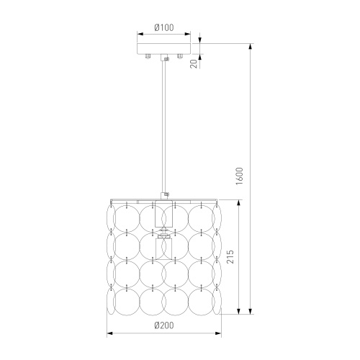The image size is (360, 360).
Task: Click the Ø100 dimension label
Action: [x=164, y=27]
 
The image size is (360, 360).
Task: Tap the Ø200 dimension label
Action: [x=164, y=325]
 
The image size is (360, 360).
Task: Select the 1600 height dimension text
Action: [x=239, y=176]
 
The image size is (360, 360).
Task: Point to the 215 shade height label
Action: [x=230, y=257]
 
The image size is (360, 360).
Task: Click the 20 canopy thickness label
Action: [x=194, y=63]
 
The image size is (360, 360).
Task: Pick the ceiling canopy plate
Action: [x=164, y=49]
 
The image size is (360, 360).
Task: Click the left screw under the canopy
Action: [x=148, y=56]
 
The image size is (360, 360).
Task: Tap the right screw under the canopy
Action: [x=180, y=56]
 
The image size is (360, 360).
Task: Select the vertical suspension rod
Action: [x=164, y=127]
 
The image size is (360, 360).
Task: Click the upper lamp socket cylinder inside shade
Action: [x=164, y=214]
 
